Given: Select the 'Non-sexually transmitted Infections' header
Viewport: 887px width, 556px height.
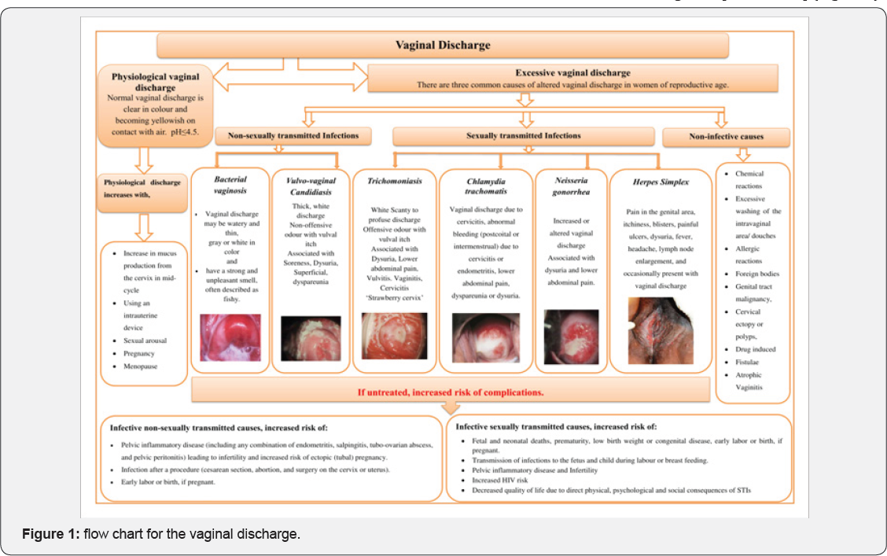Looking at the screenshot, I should (x=293, y=136).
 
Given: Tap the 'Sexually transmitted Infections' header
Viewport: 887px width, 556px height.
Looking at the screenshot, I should (x=523, y=136).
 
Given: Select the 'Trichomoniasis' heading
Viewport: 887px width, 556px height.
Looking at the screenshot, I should (x=394, y=181).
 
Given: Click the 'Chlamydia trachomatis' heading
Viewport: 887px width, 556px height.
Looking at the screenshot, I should (x=484, y=186).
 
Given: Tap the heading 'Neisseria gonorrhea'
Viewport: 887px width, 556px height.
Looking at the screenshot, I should (x=571, y=186).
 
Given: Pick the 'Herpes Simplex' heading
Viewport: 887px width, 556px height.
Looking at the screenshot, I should (x=661, y=182).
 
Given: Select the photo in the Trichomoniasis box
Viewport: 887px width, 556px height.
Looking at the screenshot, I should (x=394, y=336).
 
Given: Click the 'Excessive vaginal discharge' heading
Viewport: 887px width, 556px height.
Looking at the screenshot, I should (x=572, y=72).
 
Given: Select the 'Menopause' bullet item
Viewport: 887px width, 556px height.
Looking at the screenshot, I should (x=140, y=366).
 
